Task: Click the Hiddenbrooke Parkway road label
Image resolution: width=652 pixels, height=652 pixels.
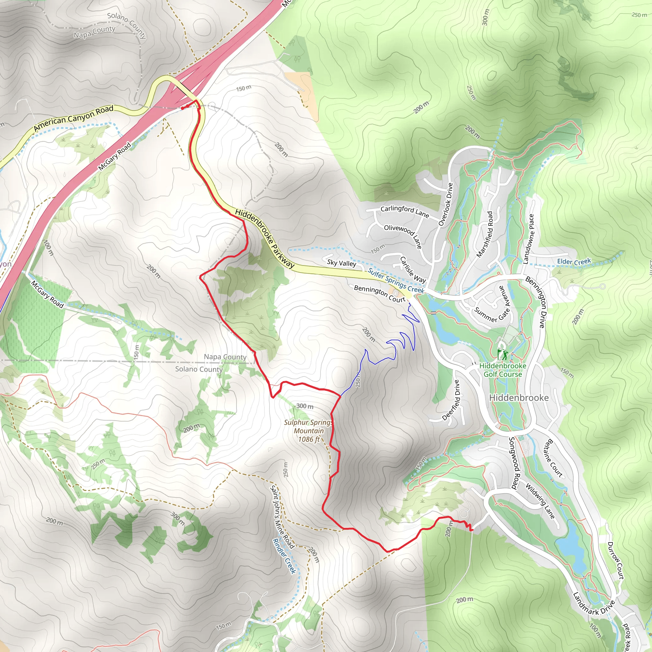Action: pyautogui.click(x=265, y=238)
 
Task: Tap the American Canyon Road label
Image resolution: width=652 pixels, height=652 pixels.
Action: pyautogui.click(x=74, y=118)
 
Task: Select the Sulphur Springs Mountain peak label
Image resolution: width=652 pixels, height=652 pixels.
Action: pyautogui.click(x=308, y=431)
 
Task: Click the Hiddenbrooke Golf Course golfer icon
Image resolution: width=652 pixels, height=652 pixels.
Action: pyautogui.click(x=502, y=355)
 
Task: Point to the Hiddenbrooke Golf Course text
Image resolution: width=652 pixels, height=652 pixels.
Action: pyautogui.click(x=502, y=370)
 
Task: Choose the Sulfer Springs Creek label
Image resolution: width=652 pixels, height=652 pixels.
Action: pyautogui.click(x=395, y=280)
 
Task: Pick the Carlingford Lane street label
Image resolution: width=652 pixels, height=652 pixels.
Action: pyautogui.click(x=405, y=211)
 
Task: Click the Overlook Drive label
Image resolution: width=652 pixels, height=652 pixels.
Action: pyautogui.click(x=445, y=204)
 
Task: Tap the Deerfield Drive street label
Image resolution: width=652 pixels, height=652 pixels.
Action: pyautogui.click(x=451, y=400)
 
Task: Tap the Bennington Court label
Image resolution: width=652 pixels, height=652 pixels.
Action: pyautogui.click(x=379, y=293)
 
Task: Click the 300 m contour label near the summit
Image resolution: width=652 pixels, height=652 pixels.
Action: pyautogui.click(x=305, y=406)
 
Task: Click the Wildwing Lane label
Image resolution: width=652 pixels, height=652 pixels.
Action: pyautogui.click(x=540, y=501)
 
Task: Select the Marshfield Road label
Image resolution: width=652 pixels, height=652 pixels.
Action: pyautogui.click(x=485, y=234)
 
